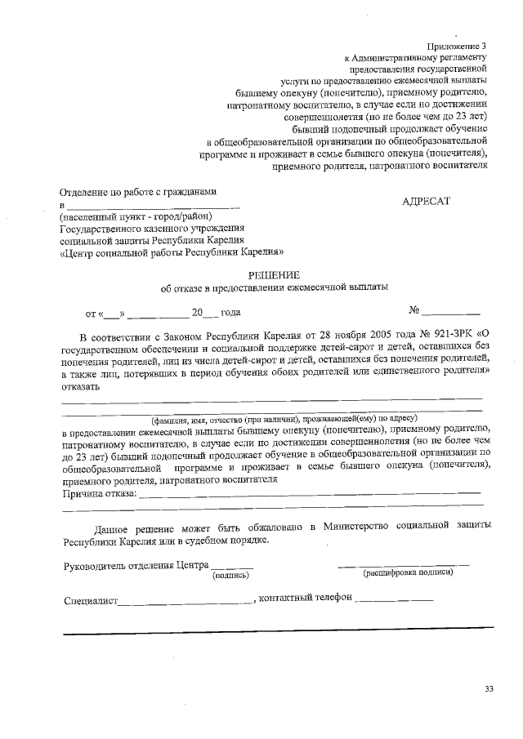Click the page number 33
[x=489, y=689]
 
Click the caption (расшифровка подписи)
[x=408, y=572]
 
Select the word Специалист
[x=91, y=600]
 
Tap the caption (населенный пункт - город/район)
[x=136, y=216]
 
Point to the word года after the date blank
[x=230, y=312]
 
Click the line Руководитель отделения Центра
[x=135, y=565]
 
